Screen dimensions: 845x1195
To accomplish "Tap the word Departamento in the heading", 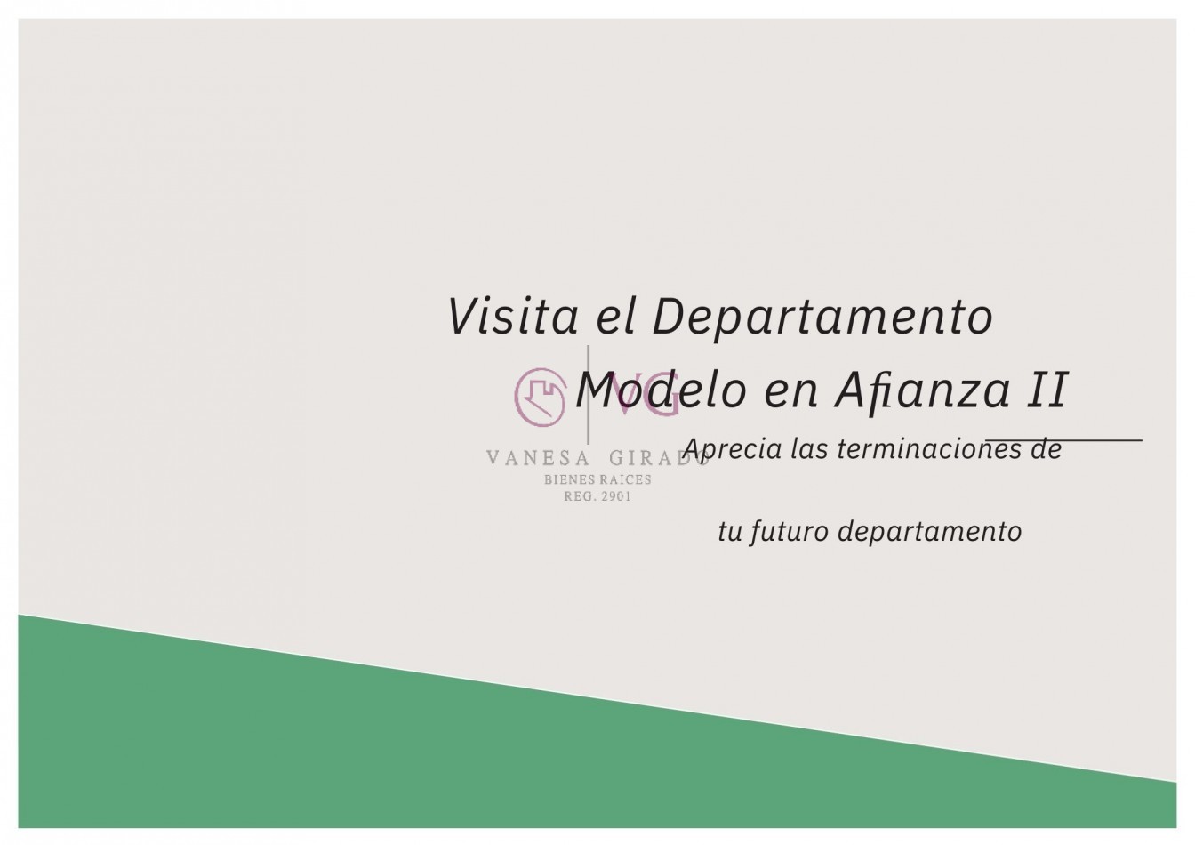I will click(822, 318).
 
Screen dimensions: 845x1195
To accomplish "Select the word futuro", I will click(789, 532).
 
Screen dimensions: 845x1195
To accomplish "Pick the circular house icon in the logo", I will click(541, 396).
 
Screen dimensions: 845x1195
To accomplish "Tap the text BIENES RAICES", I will click(597, 480).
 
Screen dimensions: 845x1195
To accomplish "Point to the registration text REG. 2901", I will click(597, 496).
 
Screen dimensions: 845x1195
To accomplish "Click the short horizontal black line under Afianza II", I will click(1063, 439).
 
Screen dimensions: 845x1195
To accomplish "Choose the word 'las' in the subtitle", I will click(809, 449).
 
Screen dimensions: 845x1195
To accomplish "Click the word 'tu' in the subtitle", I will click(729, 532).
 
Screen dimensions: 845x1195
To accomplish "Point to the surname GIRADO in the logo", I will click(658, 459).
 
